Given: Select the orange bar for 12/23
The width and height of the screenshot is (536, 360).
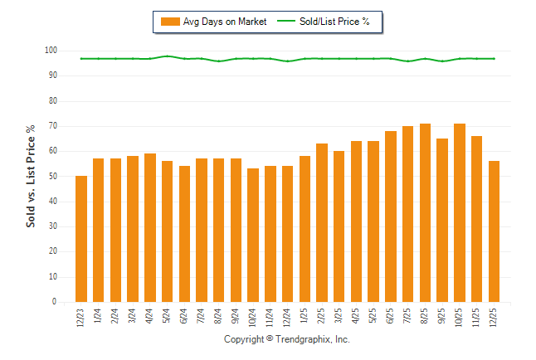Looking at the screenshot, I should pos(81,239).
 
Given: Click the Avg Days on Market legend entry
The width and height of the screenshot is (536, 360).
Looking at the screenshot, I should pos(213,22).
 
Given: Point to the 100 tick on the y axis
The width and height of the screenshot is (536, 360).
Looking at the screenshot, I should pos(50,51).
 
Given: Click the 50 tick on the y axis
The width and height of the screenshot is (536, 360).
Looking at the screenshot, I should pos(51,177).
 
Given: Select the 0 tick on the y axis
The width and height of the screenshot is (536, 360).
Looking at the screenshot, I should pos(54,302).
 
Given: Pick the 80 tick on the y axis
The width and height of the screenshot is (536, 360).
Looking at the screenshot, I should pos(51,101).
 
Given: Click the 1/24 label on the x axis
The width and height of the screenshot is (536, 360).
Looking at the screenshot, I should pos(99,316).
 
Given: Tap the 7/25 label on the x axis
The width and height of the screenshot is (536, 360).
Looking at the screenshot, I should pos(408,316).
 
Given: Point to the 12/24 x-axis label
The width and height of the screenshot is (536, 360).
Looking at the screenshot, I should pos(287,318).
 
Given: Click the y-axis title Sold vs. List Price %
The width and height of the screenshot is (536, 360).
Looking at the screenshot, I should pos(32,176).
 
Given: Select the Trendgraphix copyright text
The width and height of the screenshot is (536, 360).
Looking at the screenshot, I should pos(287,340).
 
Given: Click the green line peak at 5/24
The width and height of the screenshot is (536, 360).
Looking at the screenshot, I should pos(168,56).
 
